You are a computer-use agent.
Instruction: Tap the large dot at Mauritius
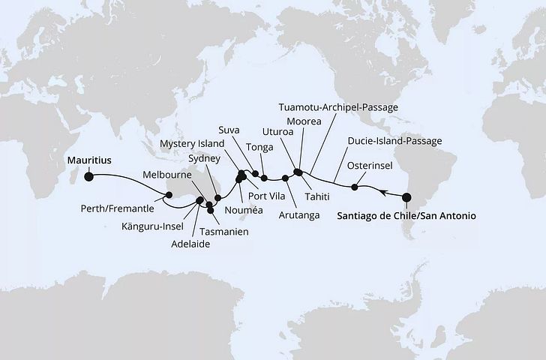coord(89,177)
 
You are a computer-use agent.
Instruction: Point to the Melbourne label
coord(166,174)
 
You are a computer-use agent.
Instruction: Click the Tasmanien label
coord(225,232)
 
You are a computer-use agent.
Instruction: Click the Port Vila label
coord(276,196)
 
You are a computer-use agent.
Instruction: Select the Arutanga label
coord(298,215)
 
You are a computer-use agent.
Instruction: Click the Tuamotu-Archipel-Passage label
coord(337,107)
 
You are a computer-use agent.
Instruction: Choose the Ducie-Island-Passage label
coord(394,140)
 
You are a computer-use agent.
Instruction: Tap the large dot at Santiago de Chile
coord(406,199)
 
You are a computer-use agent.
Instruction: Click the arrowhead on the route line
coord(383,193)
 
